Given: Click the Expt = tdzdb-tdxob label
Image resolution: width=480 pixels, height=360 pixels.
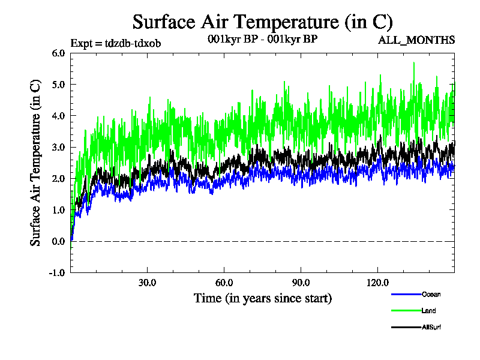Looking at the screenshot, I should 115,43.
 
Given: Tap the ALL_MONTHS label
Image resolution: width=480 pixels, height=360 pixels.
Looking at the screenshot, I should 416,40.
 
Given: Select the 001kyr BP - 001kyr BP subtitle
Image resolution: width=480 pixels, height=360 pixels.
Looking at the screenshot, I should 262,40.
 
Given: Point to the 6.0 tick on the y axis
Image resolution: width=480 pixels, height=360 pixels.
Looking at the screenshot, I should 58,53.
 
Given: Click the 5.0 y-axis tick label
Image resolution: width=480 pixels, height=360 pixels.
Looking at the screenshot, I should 58,84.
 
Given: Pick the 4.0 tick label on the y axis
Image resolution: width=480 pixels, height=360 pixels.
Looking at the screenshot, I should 58,116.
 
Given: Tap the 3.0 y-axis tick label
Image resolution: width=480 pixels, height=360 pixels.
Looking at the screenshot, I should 58,147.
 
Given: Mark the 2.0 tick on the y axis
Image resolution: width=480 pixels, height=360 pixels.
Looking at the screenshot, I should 58,178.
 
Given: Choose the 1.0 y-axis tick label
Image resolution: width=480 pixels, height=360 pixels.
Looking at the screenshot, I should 58,210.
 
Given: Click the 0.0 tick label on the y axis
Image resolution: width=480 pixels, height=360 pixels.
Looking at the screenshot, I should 58,241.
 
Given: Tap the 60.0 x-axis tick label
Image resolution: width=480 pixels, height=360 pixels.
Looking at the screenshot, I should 224,282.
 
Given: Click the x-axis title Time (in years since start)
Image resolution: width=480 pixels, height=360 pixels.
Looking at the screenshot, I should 262,298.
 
